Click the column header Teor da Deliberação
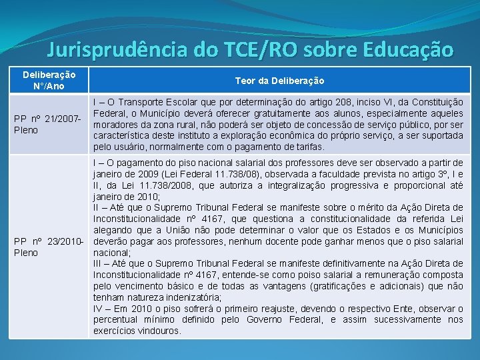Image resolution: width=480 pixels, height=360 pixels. click(x=279, y=81)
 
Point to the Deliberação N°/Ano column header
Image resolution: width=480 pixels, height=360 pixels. click(x=49, y=81)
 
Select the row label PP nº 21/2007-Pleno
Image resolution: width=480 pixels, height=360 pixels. click(x=47, y=124)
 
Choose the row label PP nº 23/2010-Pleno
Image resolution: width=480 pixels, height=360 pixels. click(x=47, y=247)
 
